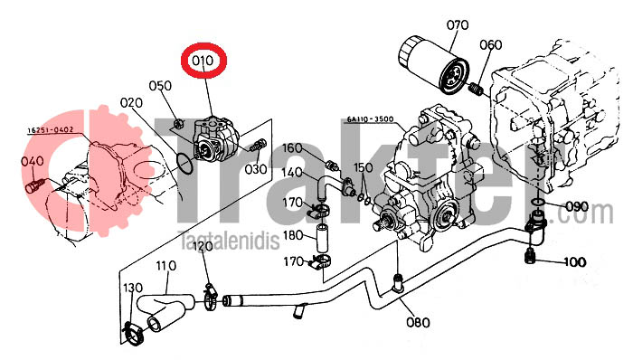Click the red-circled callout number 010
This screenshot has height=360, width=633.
click(x=203, y=61)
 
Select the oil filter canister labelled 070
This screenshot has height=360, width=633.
click(x=433, y=64)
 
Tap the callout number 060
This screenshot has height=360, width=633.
click(x=490, y=44)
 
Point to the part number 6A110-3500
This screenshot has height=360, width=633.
click(x=370, y=119)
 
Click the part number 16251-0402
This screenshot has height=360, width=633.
click(x=51, y=130)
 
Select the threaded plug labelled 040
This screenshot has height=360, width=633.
click(x=33, y=186)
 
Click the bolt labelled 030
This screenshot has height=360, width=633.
click(x=259, y=145)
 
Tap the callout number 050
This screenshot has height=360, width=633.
click(x=160, y=86)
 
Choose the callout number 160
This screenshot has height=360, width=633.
click(x=292, y=147)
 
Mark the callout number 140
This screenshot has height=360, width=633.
click(x=292, y=173)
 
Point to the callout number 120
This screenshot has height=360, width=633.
click(x=203, y=246)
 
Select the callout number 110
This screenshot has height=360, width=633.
click(x=166, y=266)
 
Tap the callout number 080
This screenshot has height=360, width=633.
click(x=418, y=322)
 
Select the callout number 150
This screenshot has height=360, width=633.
click(x=364, y=167)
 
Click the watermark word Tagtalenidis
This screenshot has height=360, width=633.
click(x=229, y=241)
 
